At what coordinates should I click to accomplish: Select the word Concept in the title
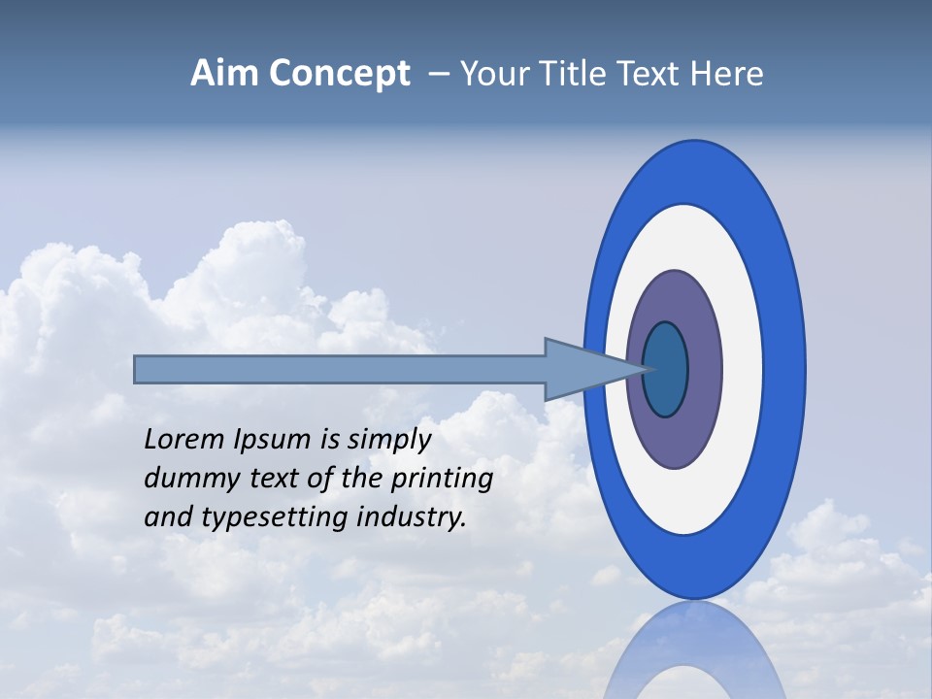[339, 75]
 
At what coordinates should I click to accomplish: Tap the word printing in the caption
[442, 480]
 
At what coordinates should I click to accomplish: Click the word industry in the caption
[412, 517]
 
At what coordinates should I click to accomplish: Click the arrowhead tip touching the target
[641, 369]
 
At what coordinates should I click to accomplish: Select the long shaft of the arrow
[340, 370]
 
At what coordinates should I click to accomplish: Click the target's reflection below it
[694, 655]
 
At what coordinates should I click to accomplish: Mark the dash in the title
[437, 75]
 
